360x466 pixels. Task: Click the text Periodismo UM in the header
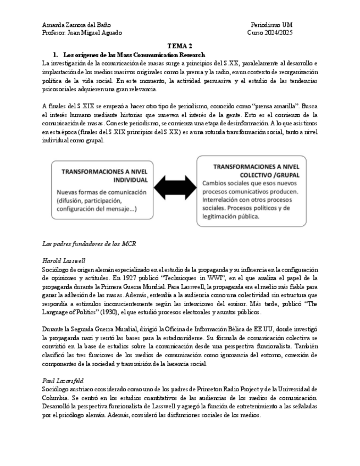pyautogui.click(x=272, y=25)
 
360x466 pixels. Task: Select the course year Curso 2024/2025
pyautogui.click(x=270, y=33)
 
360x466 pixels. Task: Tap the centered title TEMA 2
pyautogui.click(x=180, y=47)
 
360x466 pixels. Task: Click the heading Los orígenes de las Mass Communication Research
pyautogui.click(x=134, y=56)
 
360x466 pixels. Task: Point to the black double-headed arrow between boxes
pyautogui.click(x=180, y=193)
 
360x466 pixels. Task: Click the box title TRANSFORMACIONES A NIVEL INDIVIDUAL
pyautogui.click(x=104, y=175)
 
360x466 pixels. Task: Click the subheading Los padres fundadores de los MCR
pyautogui.click(x=88, y=243)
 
